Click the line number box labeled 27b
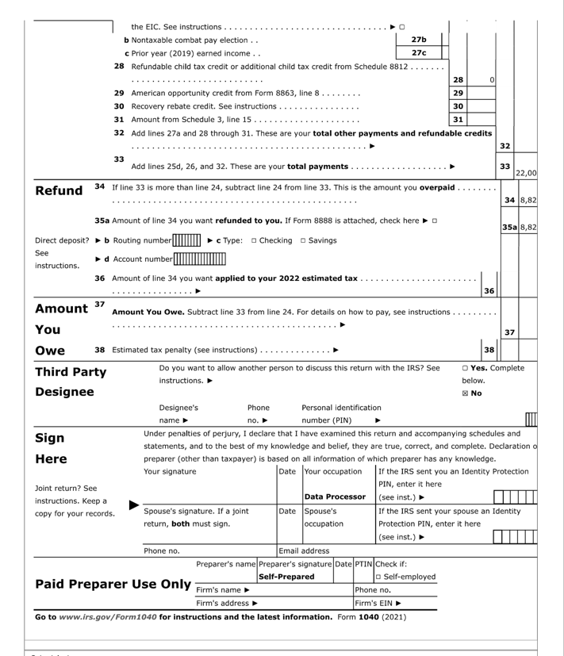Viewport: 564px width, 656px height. point(418,40)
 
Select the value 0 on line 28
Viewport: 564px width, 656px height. point(492,79)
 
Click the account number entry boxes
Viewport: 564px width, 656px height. point(200,258)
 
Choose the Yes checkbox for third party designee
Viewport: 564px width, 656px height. point(465,368)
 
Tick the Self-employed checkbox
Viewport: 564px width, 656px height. point(378,576)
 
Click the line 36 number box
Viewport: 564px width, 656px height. point(489,291)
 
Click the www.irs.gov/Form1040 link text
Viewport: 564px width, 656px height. point(108,616)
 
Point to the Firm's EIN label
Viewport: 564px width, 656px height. point(373,603)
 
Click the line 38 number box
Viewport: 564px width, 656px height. point(489,350)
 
